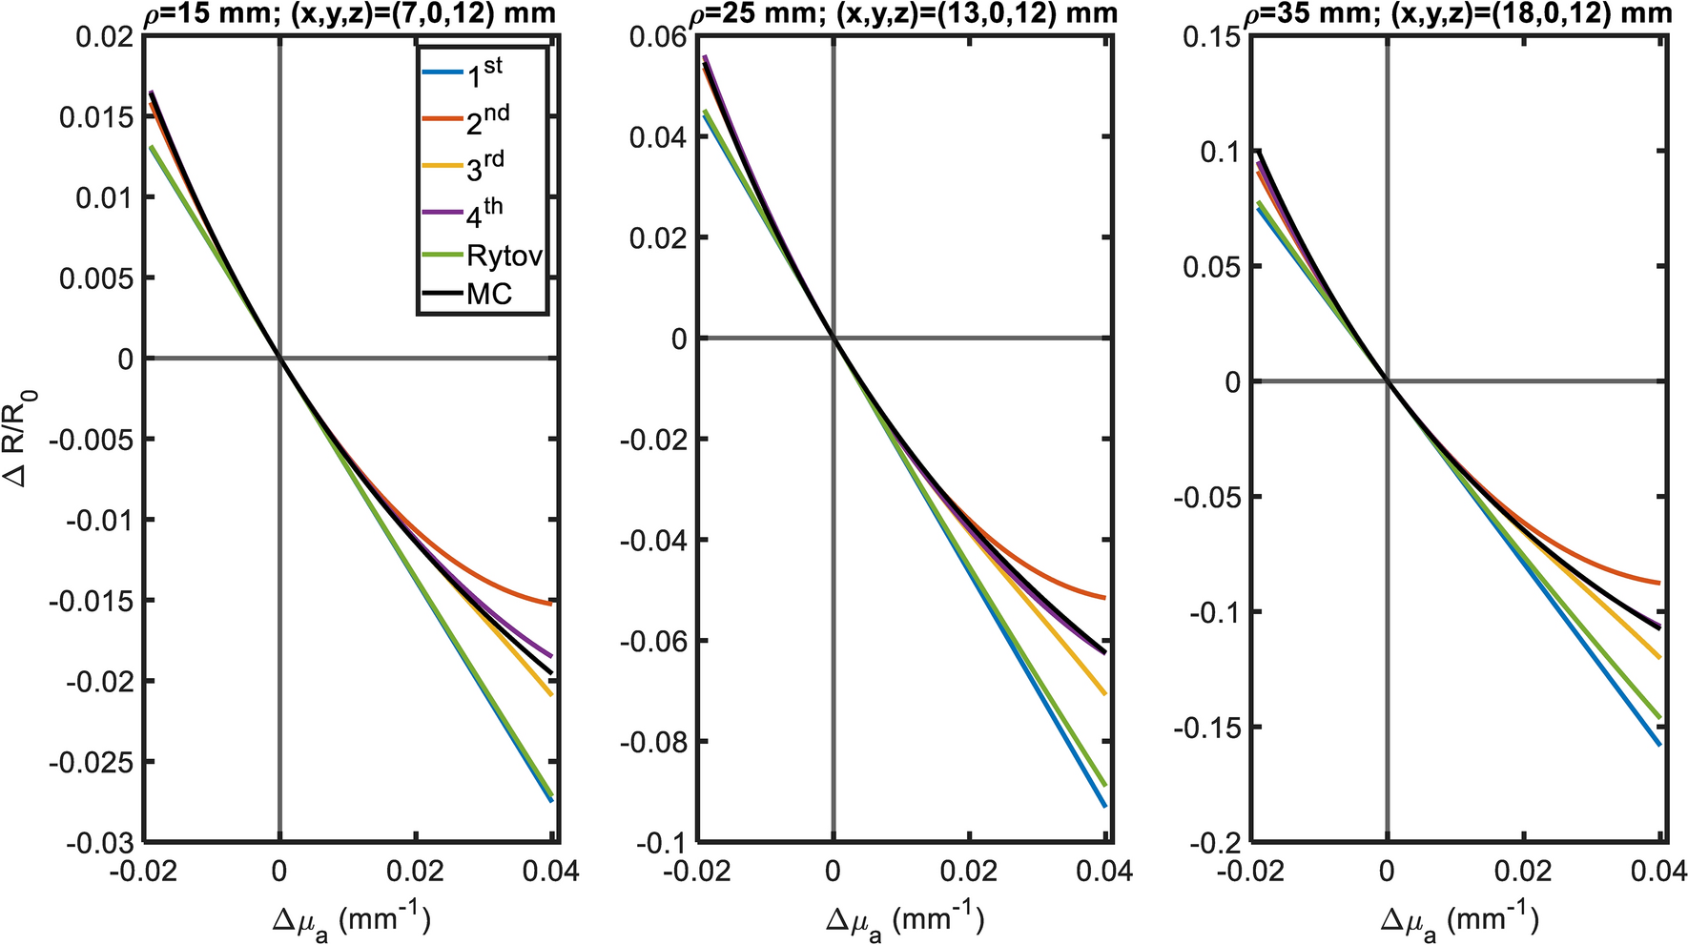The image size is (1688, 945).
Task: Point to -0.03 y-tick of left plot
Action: pyautogui.click(x=98, y=843)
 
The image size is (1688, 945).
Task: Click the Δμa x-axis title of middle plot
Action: pyautogui.click(x=904, y=918)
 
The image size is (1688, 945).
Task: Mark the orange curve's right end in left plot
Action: pyautogui.click(x=551, y=604)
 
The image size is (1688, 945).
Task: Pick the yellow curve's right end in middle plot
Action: pyautogui.click(x=1105, y=694)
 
